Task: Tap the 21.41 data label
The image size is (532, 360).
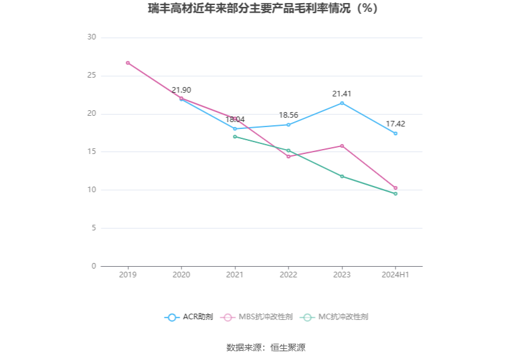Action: pos(342,94)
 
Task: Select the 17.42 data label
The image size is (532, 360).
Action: pos(395,124)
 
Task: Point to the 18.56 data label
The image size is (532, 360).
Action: pos(289,115)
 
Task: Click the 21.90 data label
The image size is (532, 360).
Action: pos(182,90)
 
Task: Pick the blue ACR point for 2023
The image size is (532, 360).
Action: pos(342,103)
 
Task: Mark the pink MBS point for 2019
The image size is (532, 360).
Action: pos(128,63)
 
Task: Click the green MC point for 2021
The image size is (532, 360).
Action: pos(235,136)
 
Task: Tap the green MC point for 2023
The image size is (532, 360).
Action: pos(342,177)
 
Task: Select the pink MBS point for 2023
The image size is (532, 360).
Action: pos(342,146)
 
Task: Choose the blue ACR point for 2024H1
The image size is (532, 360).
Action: pos(396,133)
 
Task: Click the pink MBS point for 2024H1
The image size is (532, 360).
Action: pos(396,188)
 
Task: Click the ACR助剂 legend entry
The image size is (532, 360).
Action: pos(189,317)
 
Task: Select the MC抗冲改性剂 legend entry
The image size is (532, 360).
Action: pos(335,317)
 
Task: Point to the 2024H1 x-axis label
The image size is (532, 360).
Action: pos(396,275)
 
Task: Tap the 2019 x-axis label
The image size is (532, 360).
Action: pos(128,275)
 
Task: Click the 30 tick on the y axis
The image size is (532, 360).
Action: pos(91,38)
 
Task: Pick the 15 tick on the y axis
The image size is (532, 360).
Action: pos(91,152)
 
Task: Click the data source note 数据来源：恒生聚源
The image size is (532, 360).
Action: pos(265,347)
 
